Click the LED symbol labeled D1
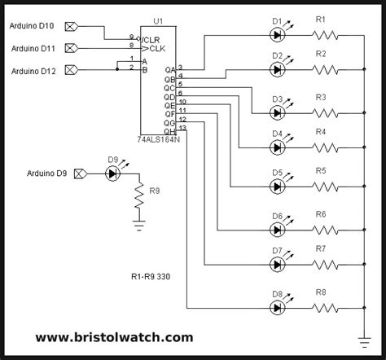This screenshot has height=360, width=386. pyautogui.click(x=277, y=35)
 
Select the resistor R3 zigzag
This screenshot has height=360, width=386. pyautogui.click(x=325, y=112)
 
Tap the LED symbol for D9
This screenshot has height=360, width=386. pyautogui.click(x=112, y=173)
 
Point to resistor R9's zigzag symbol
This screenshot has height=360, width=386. pyautogui.click(x=139, y=195)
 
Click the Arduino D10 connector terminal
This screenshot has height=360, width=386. pyautogui.click(x=72, y=27)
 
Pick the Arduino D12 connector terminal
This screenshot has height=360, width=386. pyautogui.click(x=72, y=70)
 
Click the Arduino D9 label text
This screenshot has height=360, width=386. pyautogui.click(x=46, y=173)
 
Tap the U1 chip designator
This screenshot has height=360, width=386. pyautogui.click(x=158, y=21)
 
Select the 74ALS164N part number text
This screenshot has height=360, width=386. pyautogui.click(x=159, y=139)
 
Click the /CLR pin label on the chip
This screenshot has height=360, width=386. pyautogui.click(x=151, y=40)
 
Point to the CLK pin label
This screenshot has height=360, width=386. pyautogui.click(x=157, y=49)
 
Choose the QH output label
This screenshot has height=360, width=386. pyautogui.click(x=169, y=132)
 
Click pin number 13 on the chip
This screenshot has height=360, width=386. pyautogui.click(x=182, y=128)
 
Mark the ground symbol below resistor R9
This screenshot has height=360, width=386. pyautogui.click(x=139, y=226)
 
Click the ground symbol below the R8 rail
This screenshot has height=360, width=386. pyautogui.click(x=364, y=343)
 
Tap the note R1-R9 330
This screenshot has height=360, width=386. pyautogui.click(x=151, y=277)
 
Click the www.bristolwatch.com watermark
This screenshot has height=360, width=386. pyautogui.click(x=114, y=337)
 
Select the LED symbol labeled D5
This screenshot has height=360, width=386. pyautogui.click(x=277, y=187)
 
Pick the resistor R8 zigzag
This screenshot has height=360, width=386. pyautogui.click(x=325, y=308)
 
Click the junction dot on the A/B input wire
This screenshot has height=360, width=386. pyautogui.click(x=117, y=69)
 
